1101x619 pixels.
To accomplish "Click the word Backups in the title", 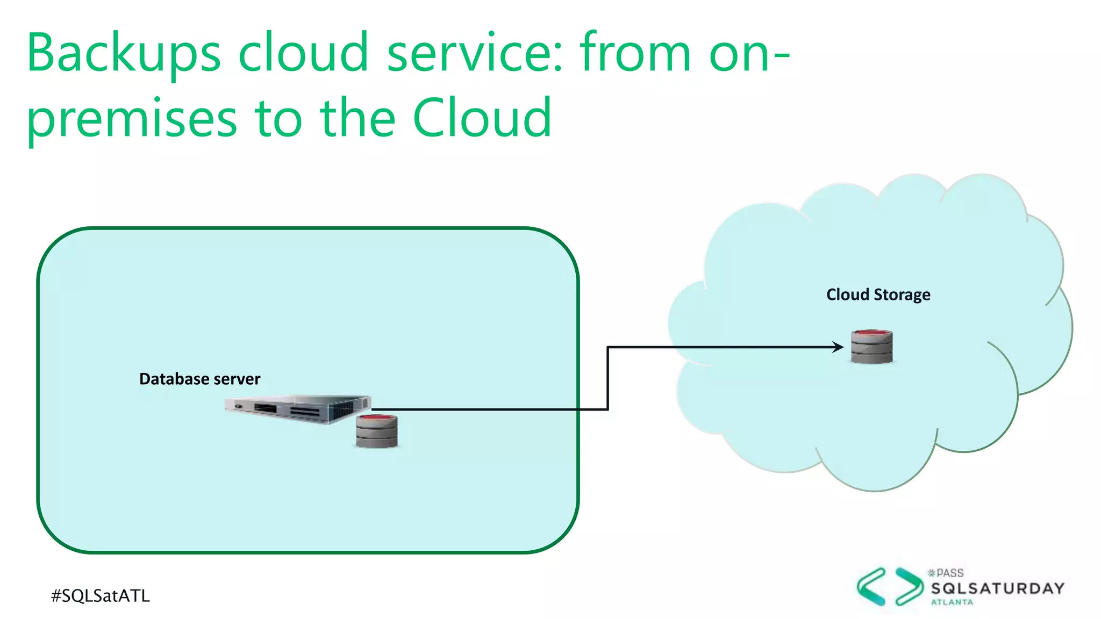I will (124, 54).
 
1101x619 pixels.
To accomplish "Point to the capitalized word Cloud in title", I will (482, 118).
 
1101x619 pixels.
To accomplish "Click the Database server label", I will (199, 379).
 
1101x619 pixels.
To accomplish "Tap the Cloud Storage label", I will (878, 295).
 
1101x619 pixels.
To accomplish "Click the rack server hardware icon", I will (297, 409).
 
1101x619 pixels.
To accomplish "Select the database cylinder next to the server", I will (377, 431).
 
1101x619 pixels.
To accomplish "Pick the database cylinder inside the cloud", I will (871, 347).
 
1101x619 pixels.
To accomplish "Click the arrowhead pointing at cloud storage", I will (838, 347).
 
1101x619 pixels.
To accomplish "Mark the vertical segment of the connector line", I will (607, 378).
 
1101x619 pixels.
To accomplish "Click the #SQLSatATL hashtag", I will (101, 596).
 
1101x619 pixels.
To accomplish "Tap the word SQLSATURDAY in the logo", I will (998, 589).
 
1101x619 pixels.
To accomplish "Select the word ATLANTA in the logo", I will (952, 602).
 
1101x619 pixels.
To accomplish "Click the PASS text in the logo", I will (949, 573).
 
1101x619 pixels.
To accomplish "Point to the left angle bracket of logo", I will (871, 587).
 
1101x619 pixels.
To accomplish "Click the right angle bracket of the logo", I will (909, 587).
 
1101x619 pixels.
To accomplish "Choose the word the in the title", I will (358, 118).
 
